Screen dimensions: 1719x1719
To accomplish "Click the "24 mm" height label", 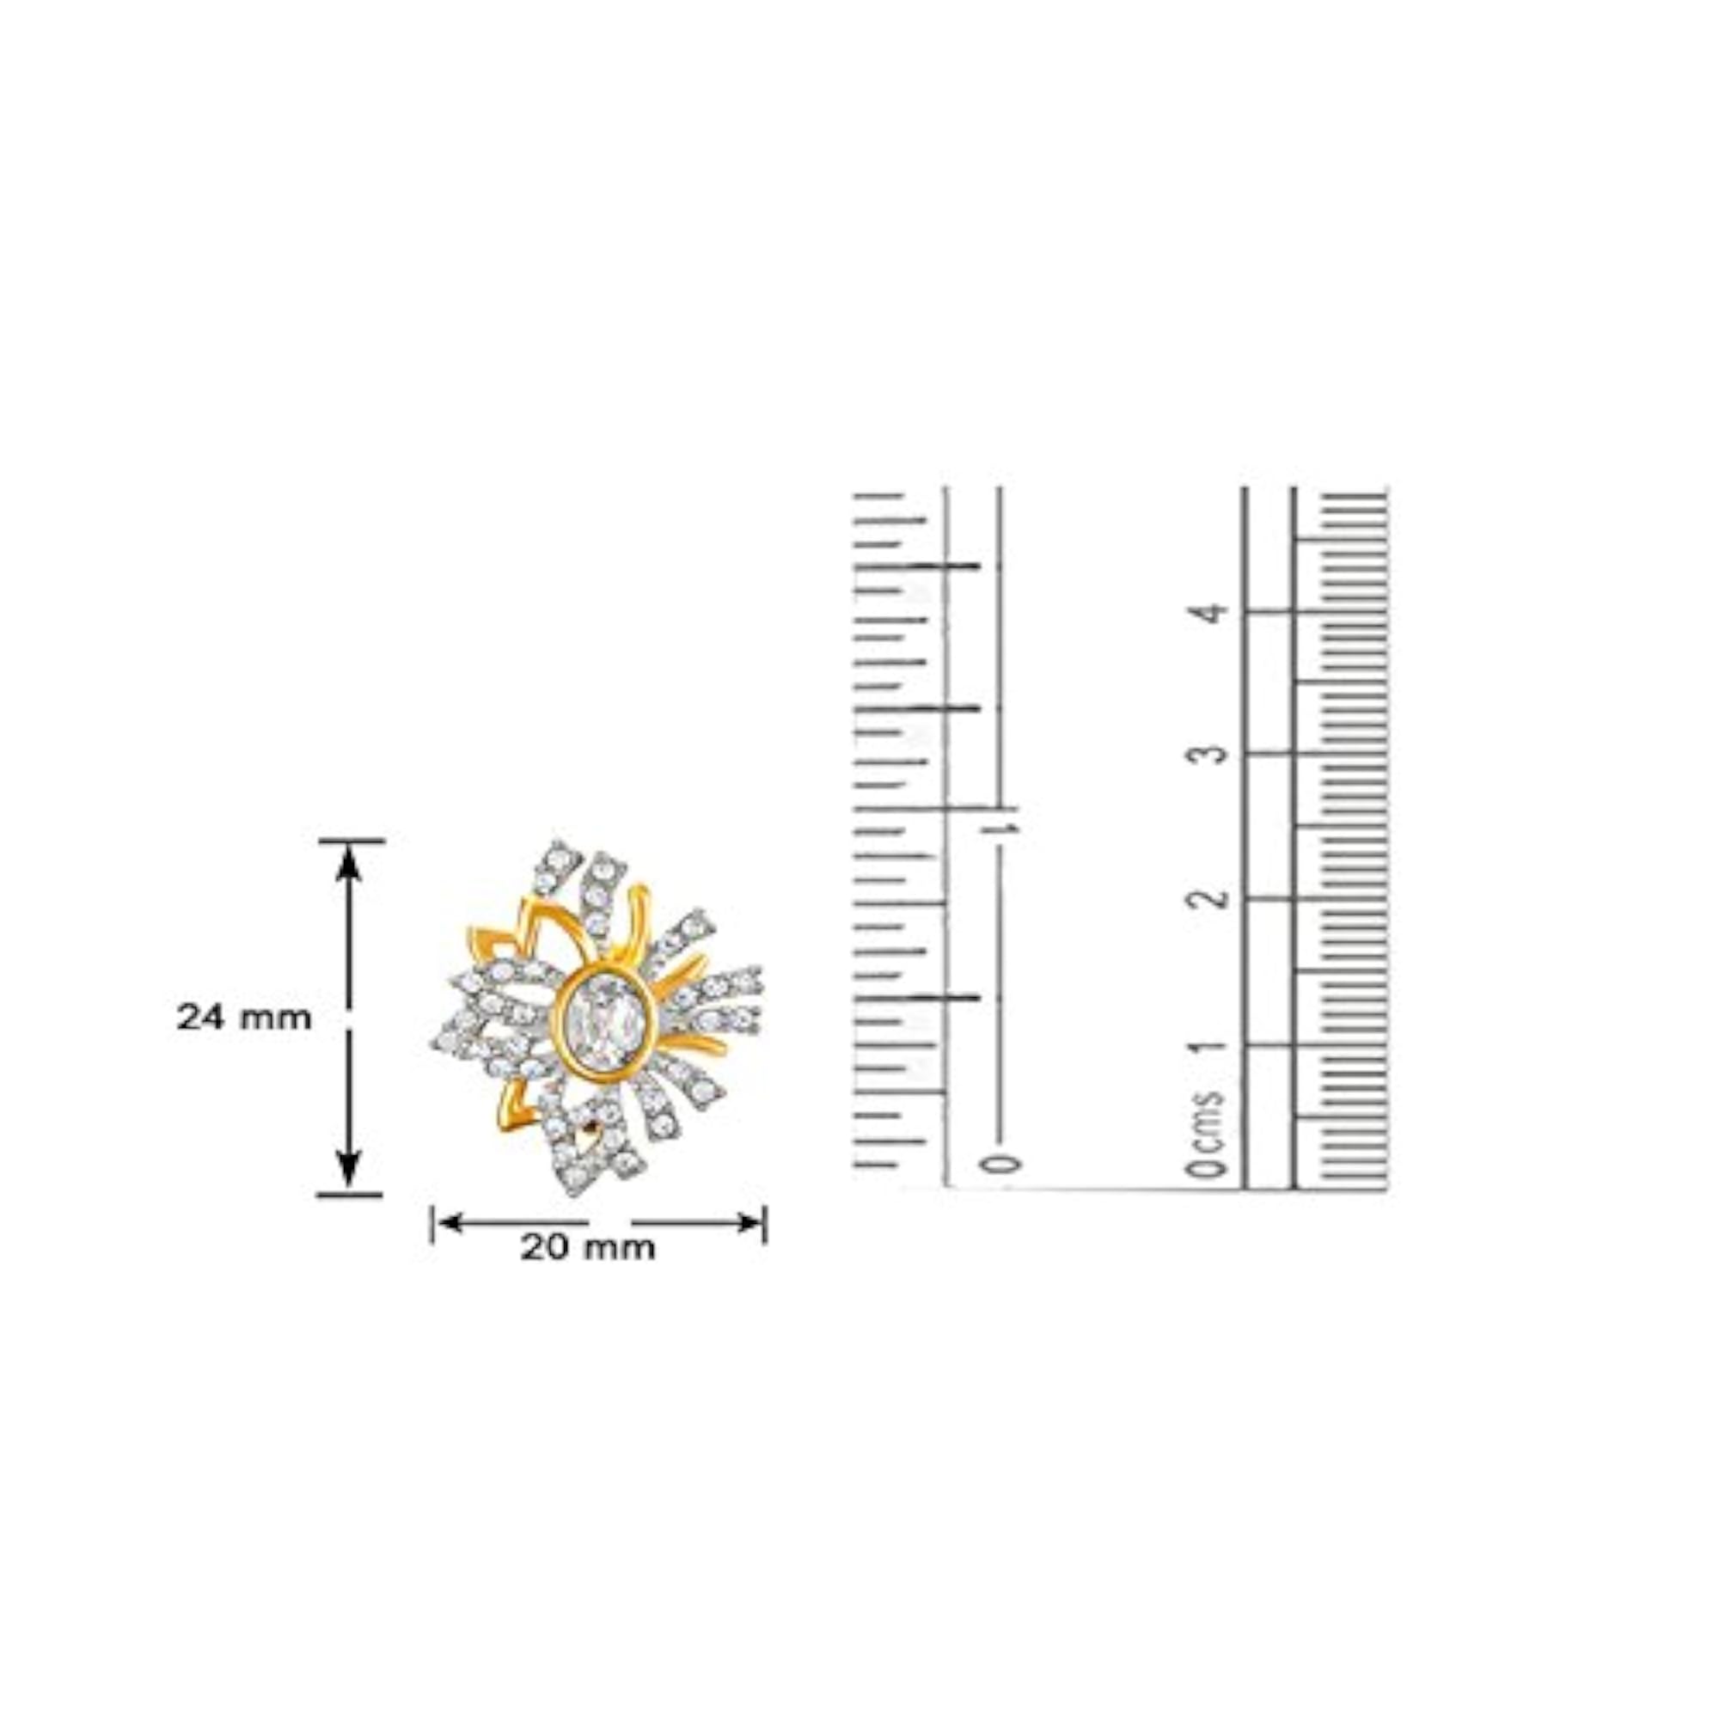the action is [244, 1017].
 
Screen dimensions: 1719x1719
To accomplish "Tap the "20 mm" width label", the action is [587, 1247].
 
